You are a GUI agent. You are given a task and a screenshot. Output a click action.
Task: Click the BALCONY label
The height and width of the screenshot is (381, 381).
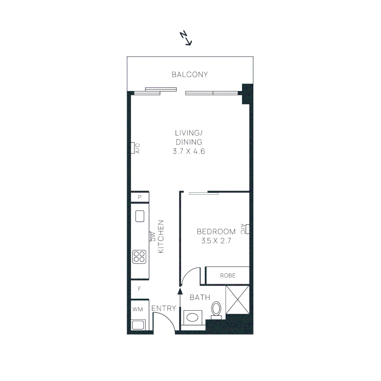point(189,74)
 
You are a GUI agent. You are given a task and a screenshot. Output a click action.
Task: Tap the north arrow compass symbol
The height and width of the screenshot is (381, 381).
point(186,38)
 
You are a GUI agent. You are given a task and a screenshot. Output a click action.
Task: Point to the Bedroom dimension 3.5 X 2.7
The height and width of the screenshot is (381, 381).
point(216,241)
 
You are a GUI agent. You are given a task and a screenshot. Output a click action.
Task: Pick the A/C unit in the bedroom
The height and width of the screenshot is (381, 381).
point(248,229)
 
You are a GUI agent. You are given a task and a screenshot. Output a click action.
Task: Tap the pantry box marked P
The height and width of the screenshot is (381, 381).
point(140,197)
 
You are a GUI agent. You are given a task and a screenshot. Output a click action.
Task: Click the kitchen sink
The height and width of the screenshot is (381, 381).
point(140,216)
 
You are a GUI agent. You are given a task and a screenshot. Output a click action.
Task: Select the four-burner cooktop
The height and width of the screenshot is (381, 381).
point(139,256)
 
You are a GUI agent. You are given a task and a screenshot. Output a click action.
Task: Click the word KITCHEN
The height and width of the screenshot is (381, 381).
point(161,237)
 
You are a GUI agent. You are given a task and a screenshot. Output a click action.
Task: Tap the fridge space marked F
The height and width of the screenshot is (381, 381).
point(139,289)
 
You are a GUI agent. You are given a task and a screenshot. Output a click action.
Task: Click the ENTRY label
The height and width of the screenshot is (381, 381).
point(164,309)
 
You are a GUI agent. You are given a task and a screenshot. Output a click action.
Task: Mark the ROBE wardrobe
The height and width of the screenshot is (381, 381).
point(228,276)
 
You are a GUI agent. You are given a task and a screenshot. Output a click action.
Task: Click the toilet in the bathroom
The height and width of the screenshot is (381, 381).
point(216,309)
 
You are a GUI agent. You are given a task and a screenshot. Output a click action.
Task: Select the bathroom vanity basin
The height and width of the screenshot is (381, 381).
point(192,317)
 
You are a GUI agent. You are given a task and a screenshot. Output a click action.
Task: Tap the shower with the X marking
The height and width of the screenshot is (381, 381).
point(237,300)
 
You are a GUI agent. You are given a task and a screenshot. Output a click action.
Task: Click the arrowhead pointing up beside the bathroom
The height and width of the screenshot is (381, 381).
point(180,291)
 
